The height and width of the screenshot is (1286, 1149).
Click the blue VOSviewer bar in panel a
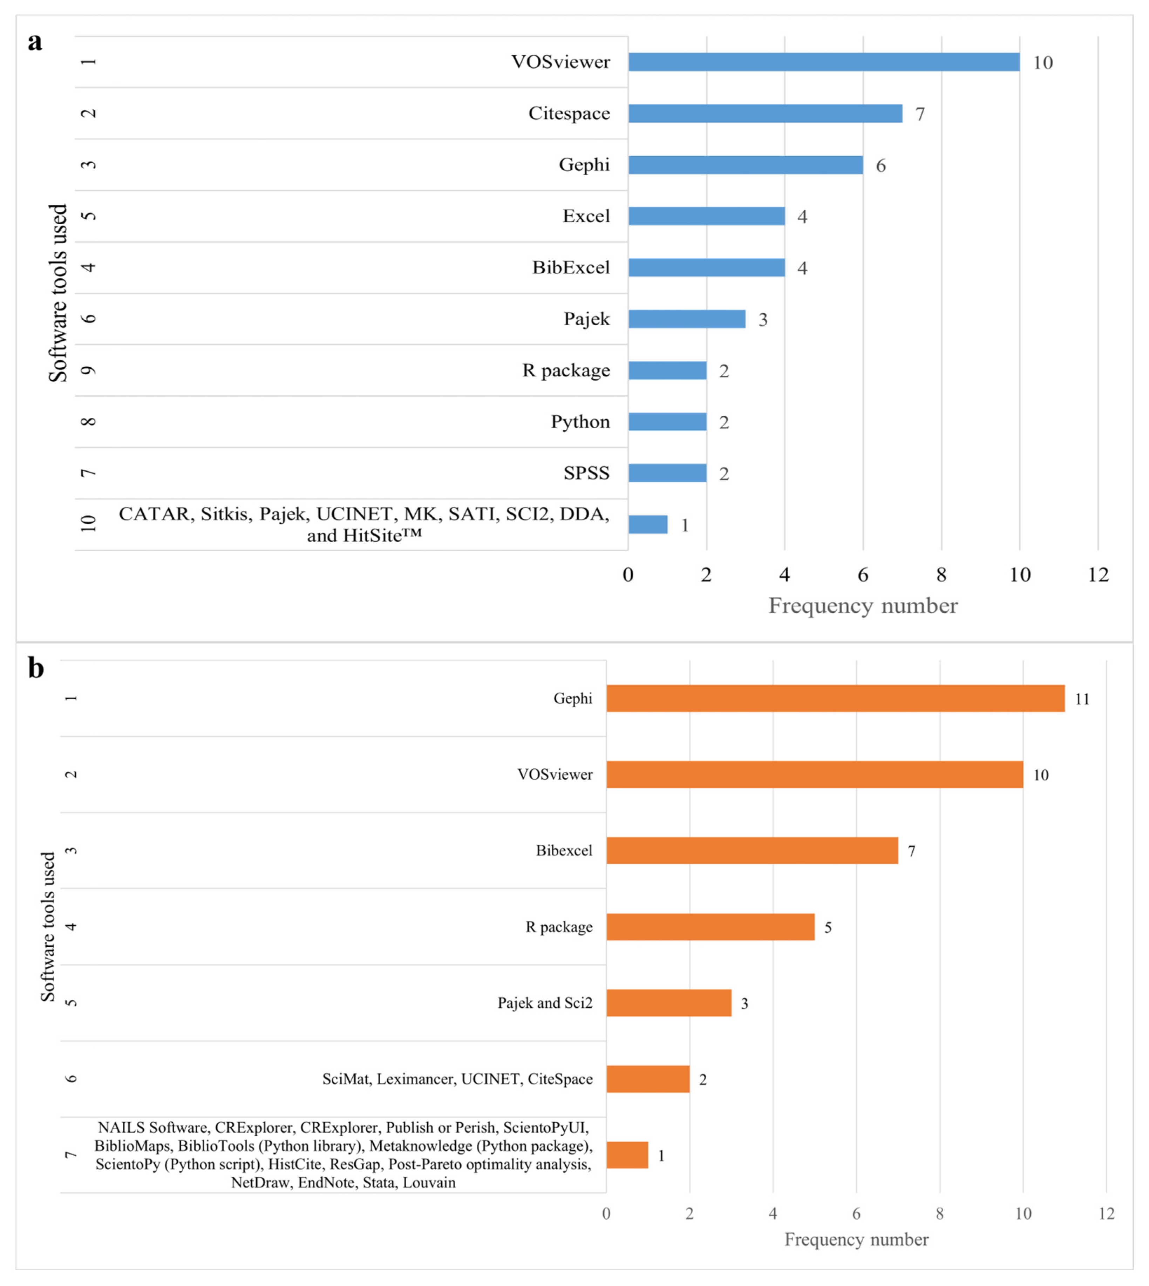[823, 62]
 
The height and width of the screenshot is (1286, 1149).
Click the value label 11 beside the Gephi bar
[1082, 699]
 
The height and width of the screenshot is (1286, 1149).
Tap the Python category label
[580, 422]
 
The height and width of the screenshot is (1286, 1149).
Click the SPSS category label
[586, 473]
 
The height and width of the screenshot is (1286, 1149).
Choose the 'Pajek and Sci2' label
[545, 1002]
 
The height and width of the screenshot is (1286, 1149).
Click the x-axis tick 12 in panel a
[1098, 574]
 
